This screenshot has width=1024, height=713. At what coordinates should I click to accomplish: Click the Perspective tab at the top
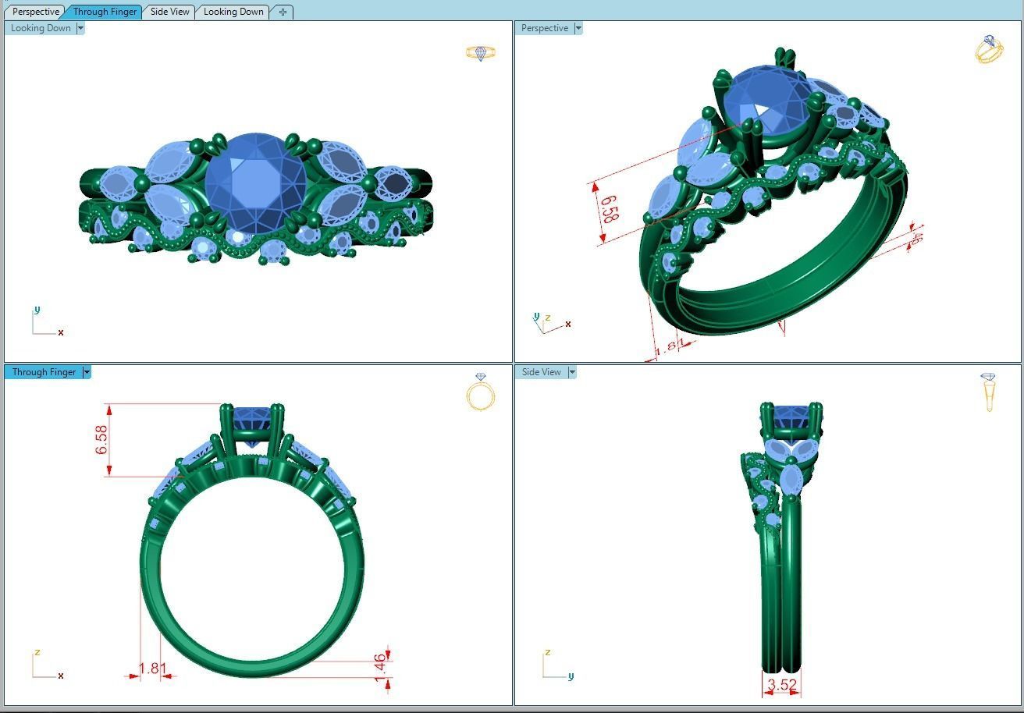tap(36, 12)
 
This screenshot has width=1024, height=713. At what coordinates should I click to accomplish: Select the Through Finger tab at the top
tap(105, 12)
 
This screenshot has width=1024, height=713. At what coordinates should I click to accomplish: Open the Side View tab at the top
tap(169, 12)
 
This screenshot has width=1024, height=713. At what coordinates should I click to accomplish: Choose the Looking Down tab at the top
tap(233, 12)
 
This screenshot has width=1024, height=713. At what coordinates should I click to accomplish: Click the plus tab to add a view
tap(283, 12)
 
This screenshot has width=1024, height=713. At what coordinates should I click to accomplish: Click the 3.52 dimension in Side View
tap(781, 685)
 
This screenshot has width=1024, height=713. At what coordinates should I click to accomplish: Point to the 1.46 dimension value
tap(379, 668)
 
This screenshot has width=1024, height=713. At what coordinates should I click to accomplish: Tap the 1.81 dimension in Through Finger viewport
tap(152, 669)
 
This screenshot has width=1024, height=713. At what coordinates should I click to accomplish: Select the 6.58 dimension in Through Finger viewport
tap(101, 440)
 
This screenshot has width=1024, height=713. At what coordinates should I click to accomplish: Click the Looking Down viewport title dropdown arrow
tap(80, 28)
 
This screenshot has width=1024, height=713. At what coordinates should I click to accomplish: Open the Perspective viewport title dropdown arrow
tap(578, 28)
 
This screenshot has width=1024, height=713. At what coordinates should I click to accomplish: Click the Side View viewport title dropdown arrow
tap(571, 372)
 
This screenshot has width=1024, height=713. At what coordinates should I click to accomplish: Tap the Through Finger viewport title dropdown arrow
tap(87, 372)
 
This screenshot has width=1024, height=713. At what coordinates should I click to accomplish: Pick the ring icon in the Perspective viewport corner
tap(989, 49)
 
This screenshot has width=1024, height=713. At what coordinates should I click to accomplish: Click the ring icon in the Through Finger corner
tap(481, 392)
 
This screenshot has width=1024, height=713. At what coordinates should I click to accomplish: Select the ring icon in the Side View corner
tap(989, 392)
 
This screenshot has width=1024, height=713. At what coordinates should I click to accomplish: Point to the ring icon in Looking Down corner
tap(481, 53)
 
